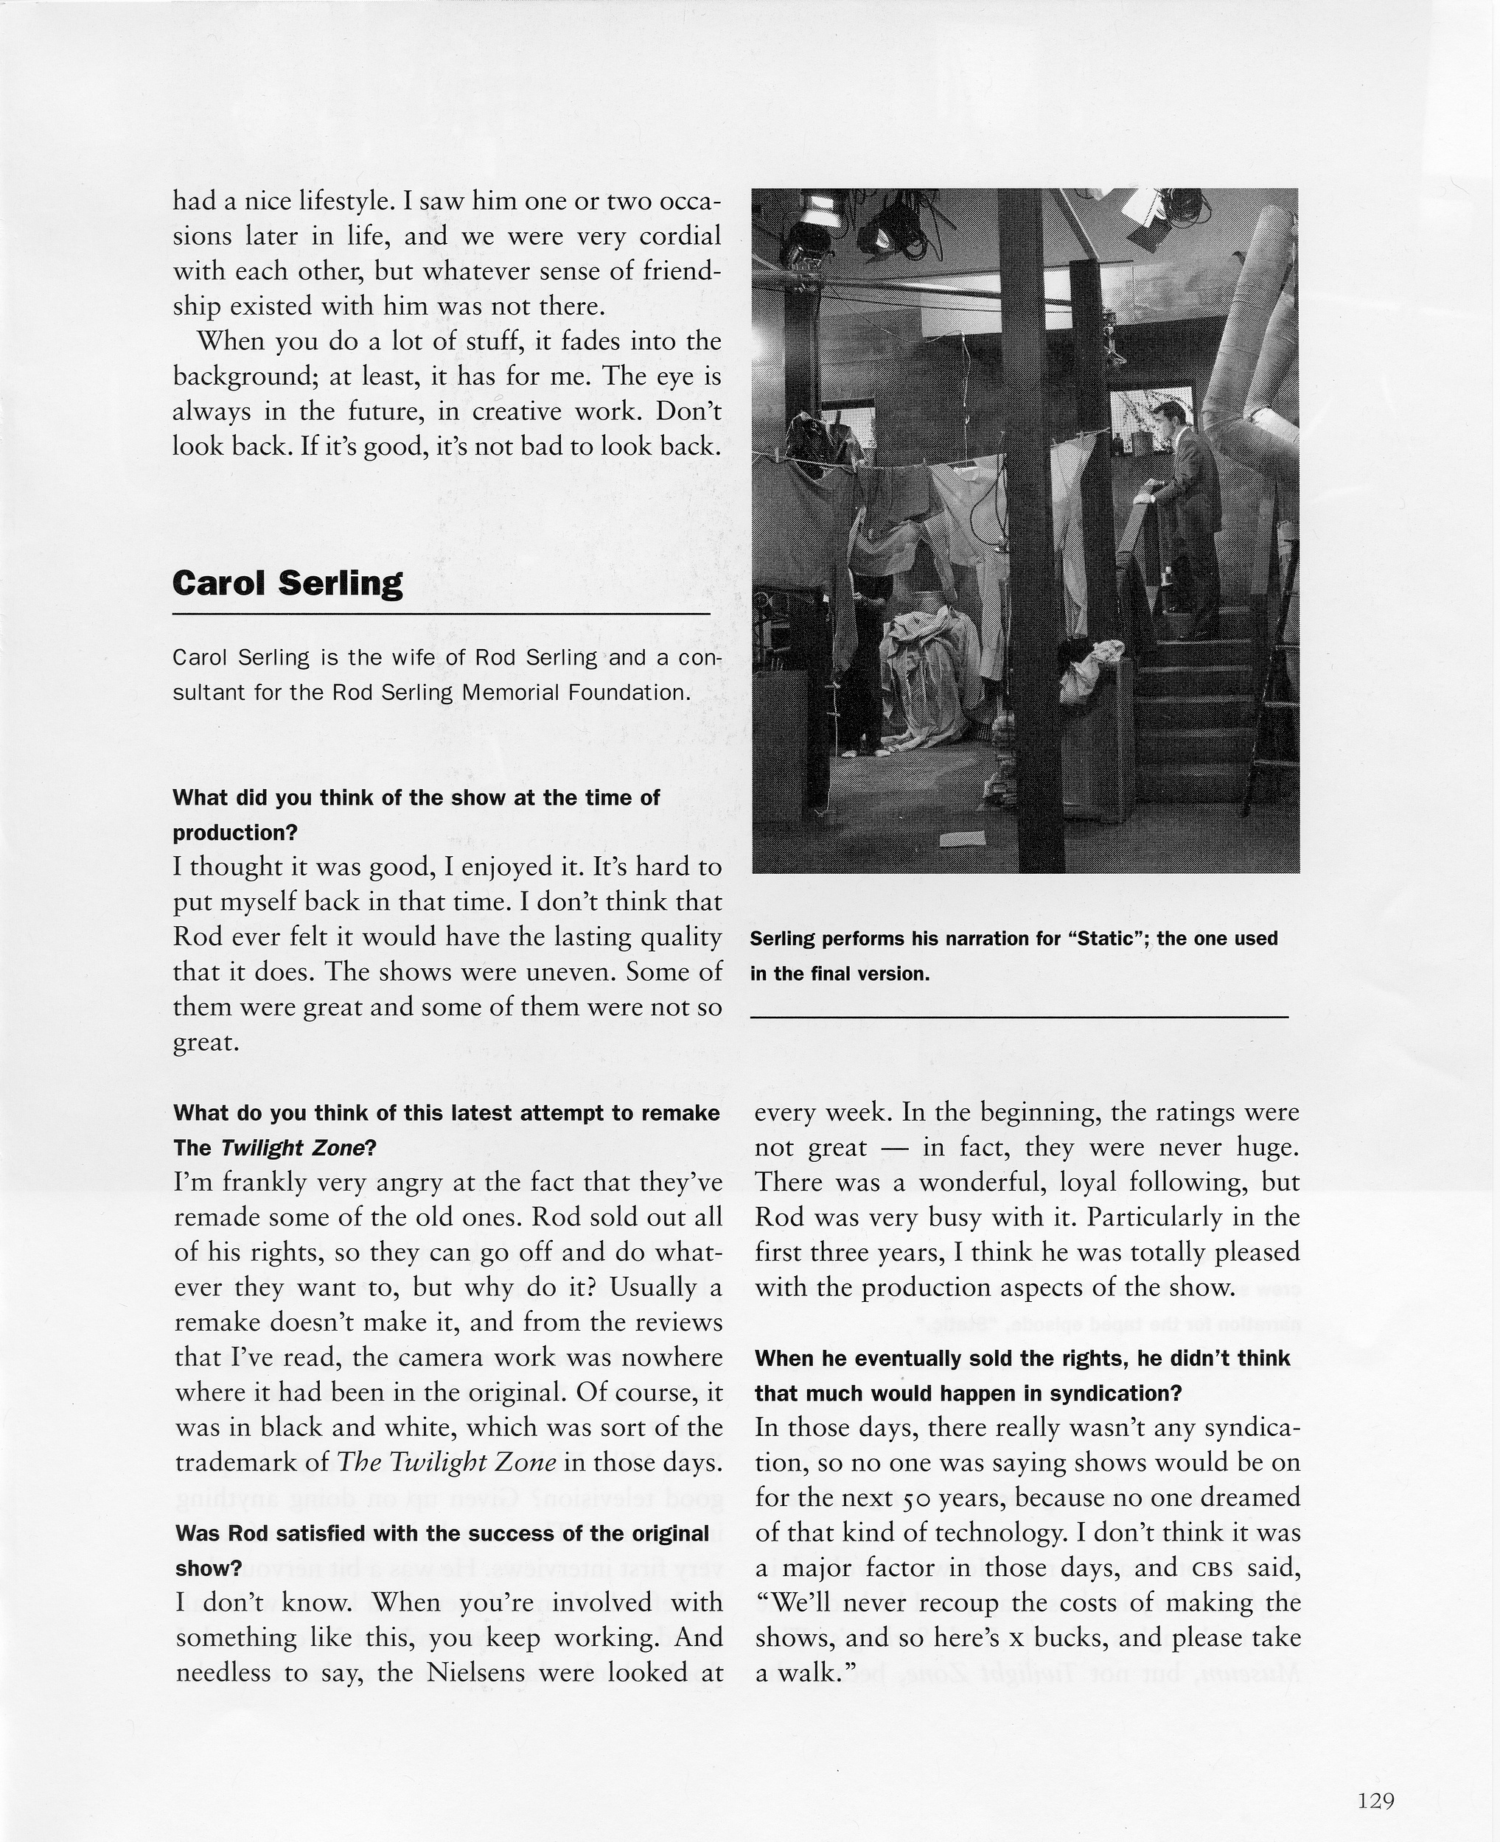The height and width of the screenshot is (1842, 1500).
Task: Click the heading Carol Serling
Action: (x=287, y=584)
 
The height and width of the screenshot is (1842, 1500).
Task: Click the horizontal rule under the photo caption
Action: (x=1019, y=1018)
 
